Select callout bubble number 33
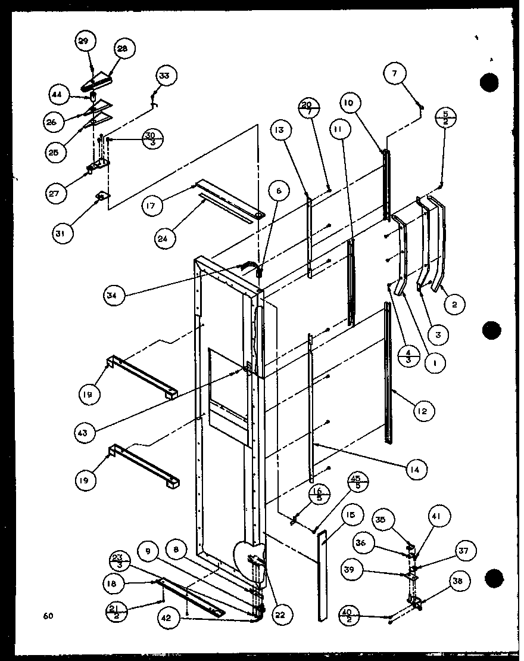pyautogui.click(x=164, y=76)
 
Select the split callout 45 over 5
pyautogui.click(x=359, y=482)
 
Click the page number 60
pyautogui.click(x=48, y=616)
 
